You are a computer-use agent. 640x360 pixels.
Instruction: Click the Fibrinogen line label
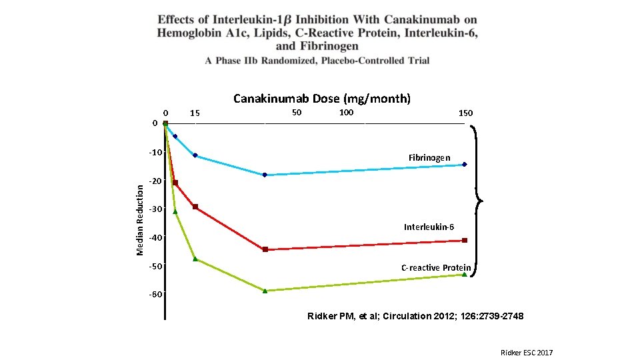(x=429, y=158)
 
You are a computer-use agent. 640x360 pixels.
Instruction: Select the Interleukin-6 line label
(x=429, y=227)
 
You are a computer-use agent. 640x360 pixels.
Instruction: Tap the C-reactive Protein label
(x=436, y=267)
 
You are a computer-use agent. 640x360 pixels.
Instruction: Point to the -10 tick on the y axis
(x=156, y=153)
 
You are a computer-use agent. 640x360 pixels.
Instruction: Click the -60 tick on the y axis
(x=156, y=295)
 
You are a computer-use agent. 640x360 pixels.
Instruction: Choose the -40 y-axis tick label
(x=156, y=238)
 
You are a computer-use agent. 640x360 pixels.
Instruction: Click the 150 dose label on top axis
(x=465, y=113)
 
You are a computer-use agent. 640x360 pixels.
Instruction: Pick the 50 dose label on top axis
(x=297, y=112)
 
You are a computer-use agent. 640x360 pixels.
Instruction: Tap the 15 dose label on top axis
(x=195, y=113)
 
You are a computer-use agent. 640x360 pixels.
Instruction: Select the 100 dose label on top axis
(x=346, y=112)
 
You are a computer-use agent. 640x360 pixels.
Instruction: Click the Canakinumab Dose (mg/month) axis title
(x=322, y=99)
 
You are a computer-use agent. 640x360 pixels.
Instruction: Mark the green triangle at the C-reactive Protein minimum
(x=265, y=291)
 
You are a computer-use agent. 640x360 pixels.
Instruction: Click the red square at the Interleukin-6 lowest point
(x=265, y=249)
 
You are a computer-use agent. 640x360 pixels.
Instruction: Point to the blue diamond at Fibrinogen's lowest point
(x=265, y=175)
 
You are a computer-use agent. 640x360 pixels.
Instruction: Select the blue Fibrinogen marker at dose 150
(x=464, y=164)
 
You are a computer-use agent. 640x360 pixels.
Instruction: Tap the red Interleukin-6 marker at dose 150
(x=464, y=240)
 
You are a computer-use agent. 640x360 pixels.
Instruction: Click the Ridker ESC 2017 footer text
(x=527, y=352)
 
